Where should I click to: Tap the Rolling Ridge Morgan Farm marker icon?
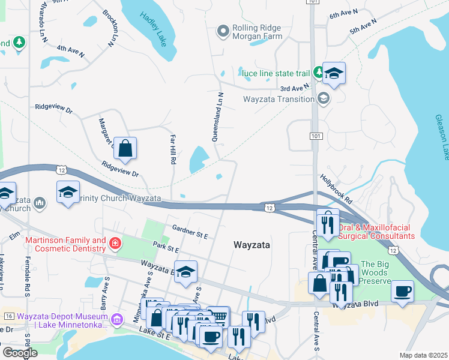pos(223,31)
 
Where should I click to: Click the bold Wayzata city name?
pos(252,245)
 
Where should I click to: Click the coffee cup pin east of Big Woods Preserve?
pos(402,292)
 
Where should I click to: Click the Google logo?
pos(20,353)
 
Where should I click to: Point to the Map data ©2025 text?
pos(423,355)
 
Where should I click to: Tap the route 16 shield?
pos(8,316)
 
